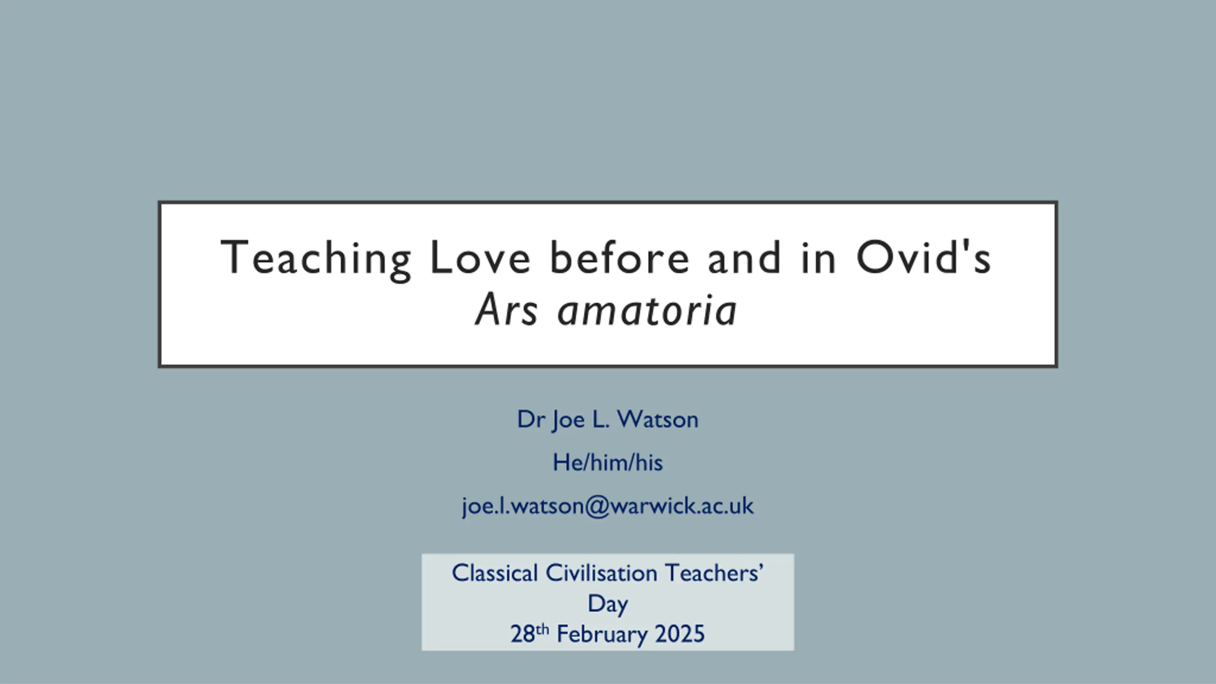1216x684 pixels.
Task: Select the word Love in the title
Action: (480, 257)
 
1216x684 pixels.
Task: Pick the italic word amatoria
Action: (647, 310)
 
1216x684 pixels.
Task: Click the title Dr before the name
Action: (531, 419)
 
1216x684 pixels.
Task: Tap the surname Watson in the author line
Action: (658, 419)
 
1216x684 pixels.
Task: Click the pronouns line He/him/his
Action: (608, 462)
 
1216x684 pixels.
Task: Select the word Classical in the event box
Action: (494, 573)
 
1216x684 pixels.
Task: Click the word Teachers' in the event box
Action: (714, 573)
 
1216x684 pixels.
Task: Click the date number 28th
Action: (530, 633)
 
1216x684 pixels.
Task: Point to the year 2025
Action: (680, 634)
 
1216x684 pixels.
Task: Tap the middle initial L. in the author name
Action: (600, 419)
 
